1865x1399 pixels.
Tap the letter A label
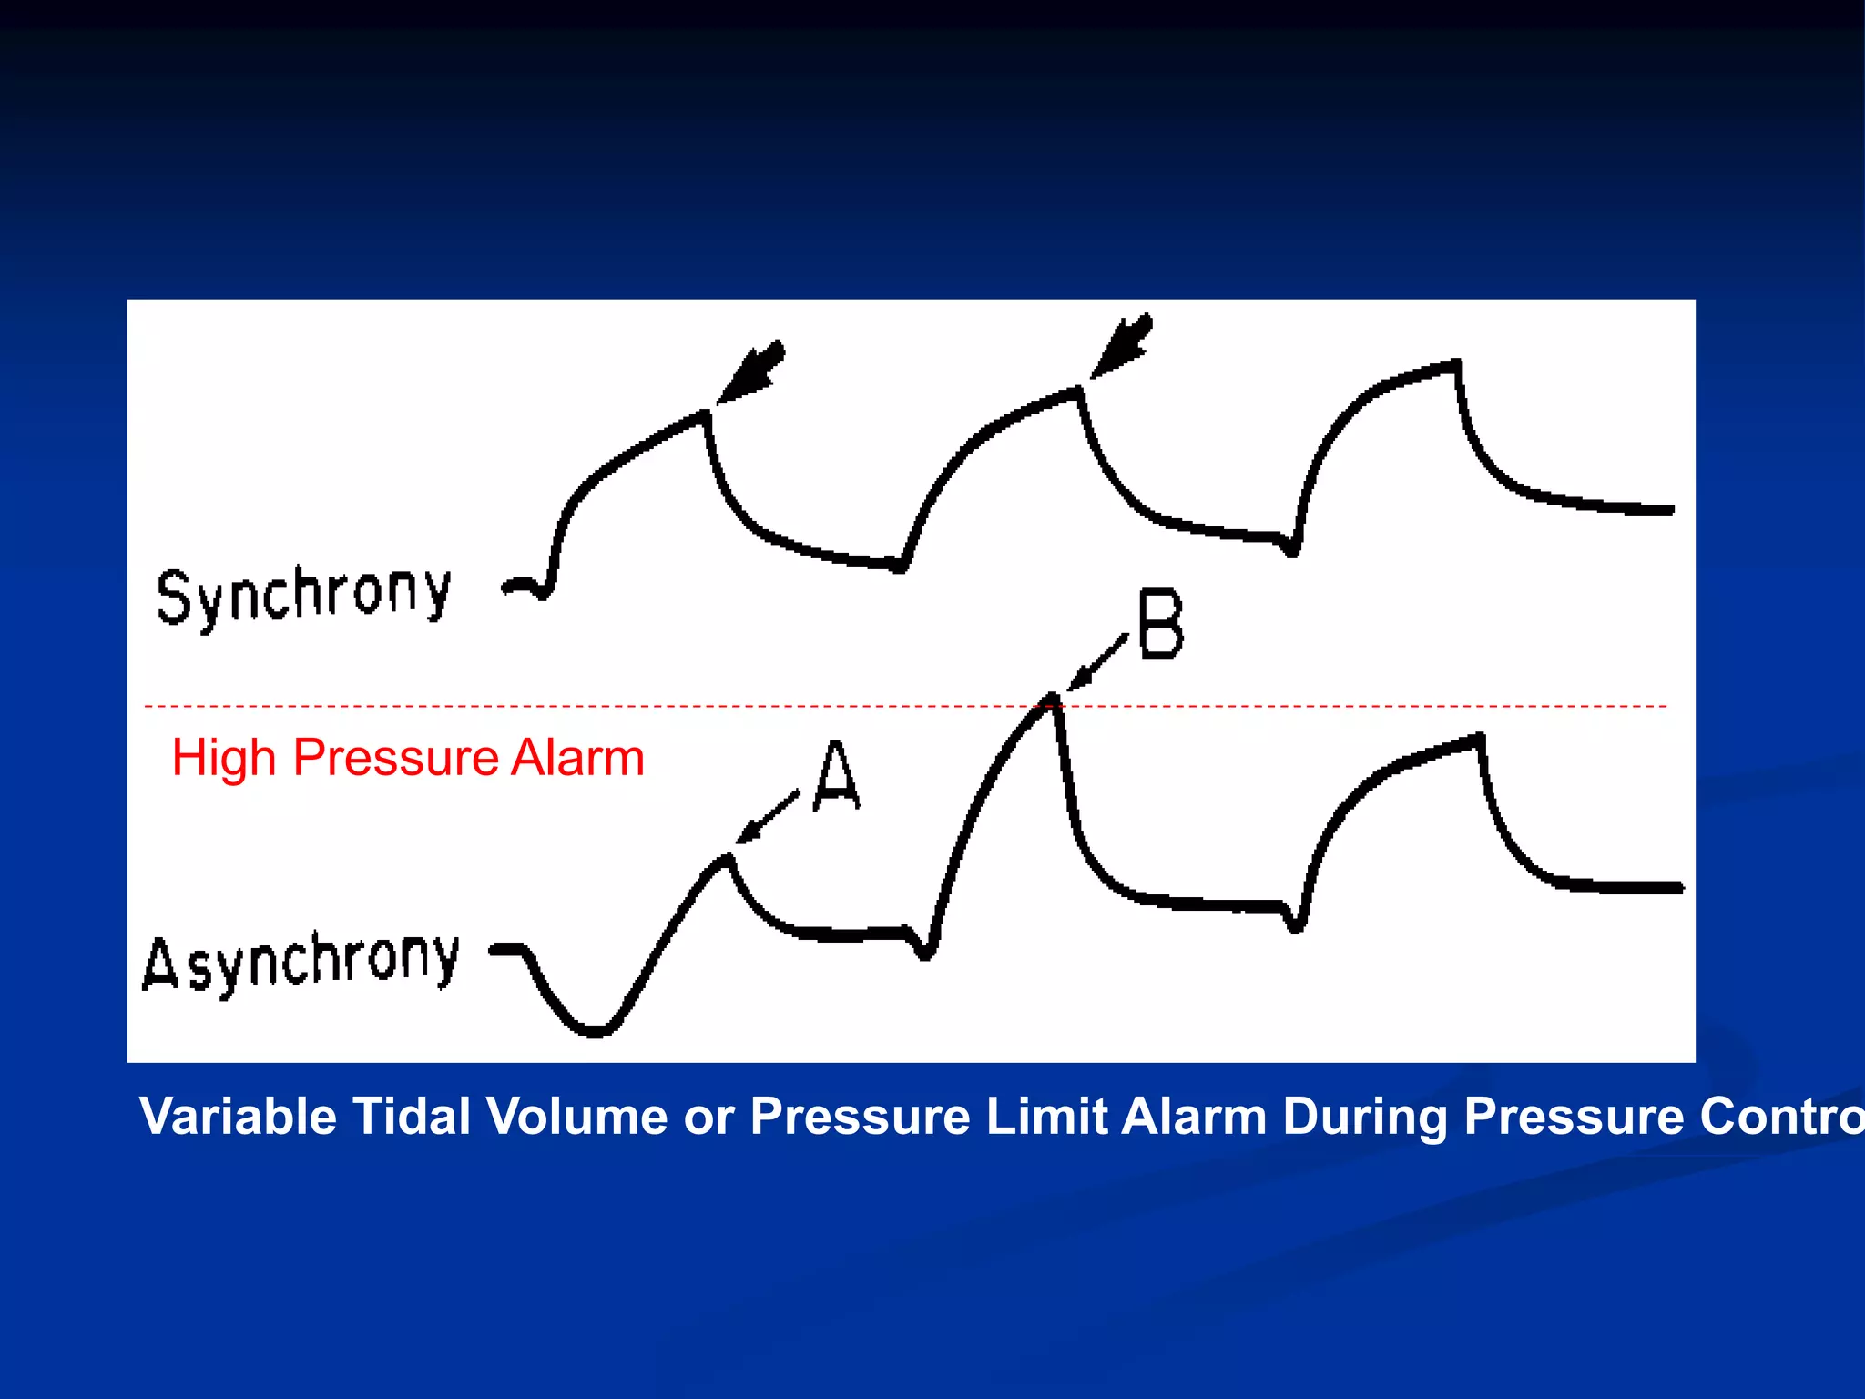coord(836,775)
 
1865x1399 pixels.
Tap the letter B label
coord(1160,625)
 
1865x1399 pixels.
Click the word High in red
coord(223,758)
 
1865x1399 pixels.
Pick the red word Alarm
coord(577,758)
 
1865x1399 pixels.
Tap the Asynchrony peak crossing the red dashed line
coord(1053,699)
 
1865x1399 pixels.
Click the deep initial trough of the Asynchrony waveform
coord(594,1030)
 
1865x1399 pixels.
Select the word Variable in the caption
coord(238,1117)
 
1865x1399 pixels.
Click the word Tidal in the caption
coord(411,1117)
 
